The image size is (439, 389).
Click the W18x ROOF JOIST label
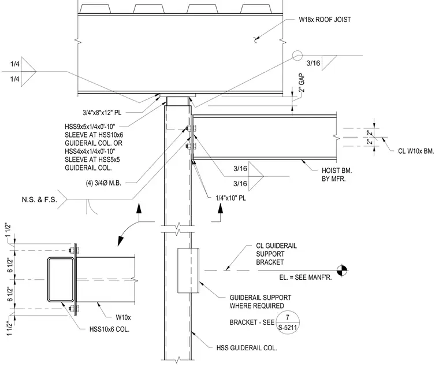click(x=325, y=20)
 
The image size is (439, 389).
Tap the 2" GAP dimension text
click(x=302, y=83)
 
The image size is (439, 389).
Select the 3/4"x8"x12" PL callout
click(x=102, y=113)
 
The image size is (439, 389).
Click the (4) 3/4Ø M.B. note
click(x=103, y=183)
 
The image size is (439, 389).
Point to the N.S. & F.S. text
click(x=39, y=199)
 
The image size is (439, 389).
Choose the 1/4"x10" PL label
click(x=230, y=198)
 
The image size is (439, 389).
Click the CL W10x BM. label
click(x=416, y=151)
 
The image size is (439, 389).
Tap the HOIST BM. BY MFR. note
click(x=337, y=175)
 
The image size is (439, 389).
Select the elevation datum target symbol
click(x=342, y=271)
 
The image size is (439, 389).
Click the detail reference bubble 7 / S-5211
click(x=288, y=323)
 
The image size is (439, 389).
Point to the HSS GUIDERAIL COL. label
click(x=247, y=348)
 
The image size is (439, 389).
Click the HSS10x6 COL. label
click(x=110, y=329)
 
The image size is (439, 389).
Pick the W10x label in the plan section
click(x=123, y=317)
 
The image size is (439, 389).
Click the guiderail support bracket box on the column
click(x=188, y=271)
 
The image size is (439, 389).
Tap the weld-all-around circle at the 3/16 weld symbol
click(x=297, y=55)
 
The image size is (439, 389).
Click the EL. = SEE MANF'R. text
click(x=306, y=277)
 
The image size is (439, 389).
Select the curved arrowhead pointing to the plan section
click(x=120, y=241)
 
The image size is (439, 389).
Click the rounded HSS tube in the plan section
click(x=61, y=280)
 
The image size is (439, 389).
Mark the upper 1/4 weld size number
click(x=15, y=64)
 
